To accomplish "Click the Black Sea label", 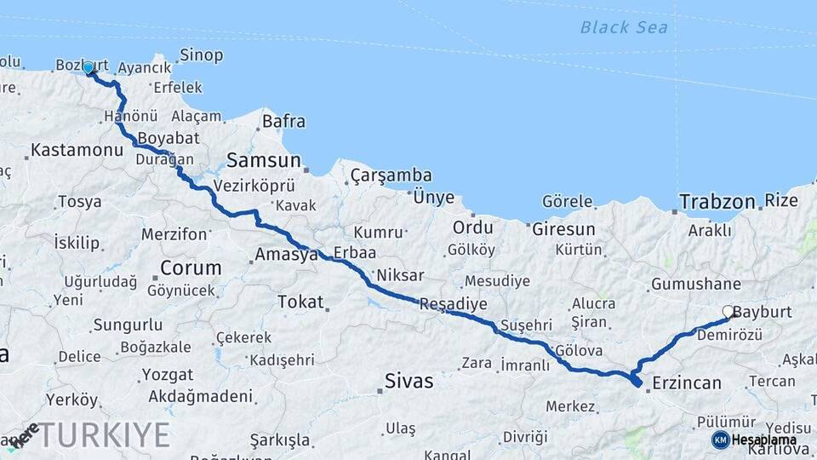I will tap(624, 27).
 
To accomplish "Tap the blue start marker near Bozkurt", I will tap(89, 68).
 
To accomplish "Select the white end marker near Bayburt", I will tap(728, 313).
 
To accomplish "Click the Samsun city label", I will tap(264, 160).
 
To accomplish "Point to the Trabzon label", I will tap(717, 202).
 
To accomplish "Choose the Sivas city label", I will tap(408, 381).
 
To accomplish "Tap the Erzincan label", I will tap(687, 383).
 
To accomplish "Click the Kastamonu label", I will tap(77, 151).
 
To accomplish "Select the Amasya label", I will tap(286, 255).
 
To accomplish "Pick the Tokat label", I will tap(300, 302).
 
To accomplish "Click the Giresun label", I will tap(563, 229).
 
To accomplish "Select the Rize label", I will tap(781, 201).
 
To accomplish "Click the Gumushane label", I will tap(696, 285).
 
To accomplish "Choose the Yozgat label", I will tap(168, 375).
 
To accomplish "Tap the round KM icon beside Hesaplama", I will tap(720, 440).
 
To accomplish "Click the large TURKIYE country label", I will tap(102, 435).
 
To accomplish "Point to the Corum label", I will tap(191, 267).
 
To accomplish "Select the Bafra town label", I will tap(283, 122).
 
